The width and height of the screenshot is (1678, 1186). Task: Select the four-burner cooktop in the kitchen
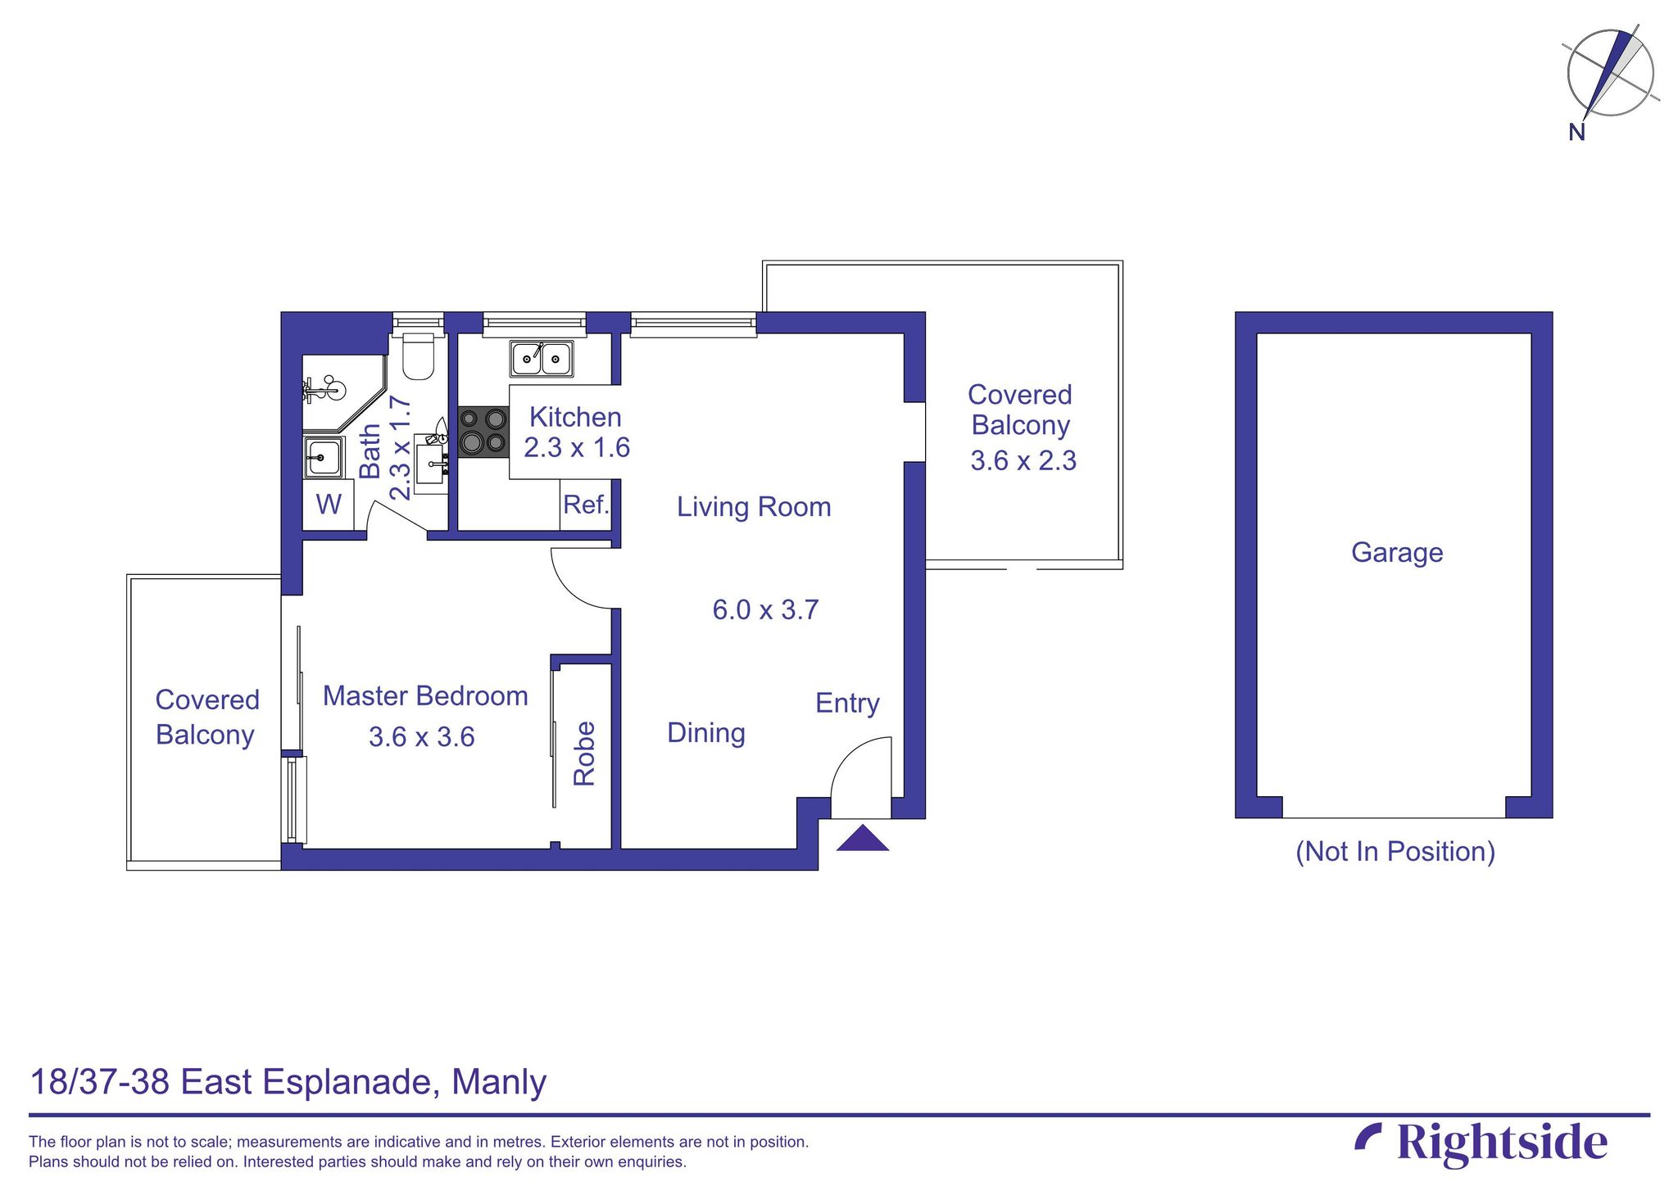coord(483,432)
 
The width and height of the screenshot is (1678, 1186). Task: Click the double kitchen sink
coord(542,359)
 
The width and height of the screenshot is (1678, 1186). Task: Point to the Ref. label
coord(586,505)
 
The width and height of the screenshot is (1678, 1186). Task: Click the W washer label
coord(329,505)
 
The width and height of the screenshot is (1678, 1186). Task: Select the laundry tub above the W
coord(324,456)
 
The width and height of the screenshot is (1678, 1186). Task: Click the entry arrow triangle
coord(862,840)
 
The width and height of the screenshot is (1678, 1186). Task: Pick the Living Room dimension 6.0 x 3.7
coord(765,610)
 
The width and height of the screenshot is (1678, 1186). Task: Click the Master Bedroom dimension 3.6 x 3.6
coord(421,737)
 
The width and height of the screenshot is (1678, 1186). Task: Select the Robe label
coord(584,754)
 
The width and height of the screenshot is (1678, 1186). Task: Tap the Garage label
coord(1396,553)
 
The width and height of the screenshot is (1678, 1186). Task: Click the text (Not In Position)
coord(1395,852)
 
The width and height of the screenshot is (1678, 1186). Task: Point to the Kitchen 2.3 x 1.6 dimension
coord(576,448)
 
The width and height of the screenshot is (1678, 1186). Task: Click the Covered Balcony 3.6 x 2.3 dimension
coord(1023,461)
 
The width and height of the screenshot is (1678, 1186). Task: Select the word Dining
coord(705,733)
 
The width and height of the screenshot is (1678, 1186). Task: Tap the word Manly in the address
coord(498,1082)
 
